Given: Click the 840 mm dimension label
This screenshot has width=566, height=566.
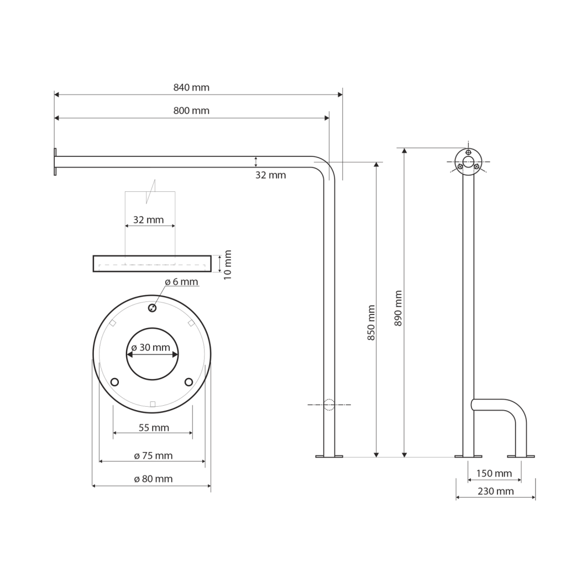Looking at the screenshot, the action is click(191, 87).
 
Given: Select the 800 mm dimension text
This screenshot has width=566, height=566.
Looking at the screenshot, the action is click(191, 111).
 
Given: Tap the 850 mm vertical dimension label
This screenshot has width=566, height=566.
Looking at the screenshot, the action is click(371, 322).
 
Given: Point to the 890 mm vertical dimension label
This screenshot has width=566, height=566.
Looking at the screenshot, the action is click(398, 308).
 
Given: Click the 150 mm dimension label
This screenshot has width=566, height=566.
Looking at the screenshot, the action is click(494, 473).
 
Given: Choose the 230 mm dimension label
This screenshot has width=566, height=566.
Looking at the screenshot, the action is click(496, 491).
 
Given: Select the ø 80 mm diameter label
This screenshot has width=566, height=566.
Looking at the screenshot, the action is click(154, 479).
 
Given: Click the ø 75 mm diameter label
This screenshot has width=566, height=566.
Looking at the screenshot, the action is click(154, 456).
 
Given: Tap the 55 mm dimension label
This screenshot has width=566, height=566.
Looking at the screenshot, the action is click(154, 428).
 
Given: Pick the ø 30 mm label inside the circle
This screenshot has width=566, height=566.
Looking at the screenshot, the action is click(151, 347).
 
